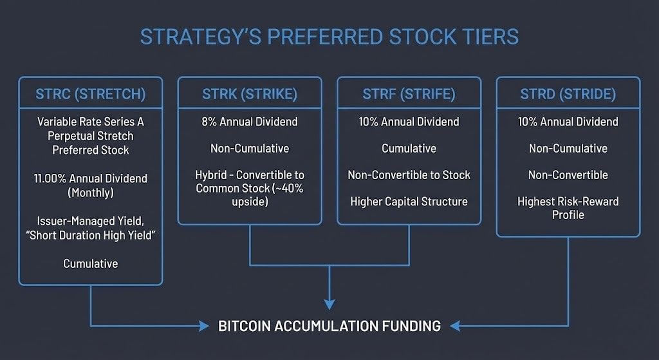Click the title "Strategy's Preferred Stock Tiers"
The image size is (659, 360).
coord(329,37)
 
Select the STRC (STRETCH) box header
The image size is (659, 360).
coord(91,94)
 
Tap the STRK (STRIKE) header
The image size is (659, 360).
coord(250,94)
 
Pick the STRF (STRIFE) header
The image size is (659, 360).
coord(409,94)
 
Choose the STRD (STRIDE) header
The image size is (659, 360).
coord(568,94)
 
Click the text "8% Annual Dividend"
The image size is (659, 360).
coord(250,122)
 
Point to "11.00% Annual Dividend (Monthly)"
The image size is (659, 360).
coord(91,185)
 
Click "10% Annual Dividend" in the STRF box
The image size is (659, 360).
coord(409,122)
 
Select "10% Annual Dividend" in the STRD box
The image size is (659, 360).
coord(568,122)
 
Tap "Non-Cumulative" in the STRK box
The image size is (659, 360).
coord(250,149)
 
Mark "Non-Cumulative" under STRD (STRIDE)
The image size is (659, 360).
coord(568,149)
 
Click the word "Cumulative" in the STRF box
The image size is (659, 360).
coord(409,149)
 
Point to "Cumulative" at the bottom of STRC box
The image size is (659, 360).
coord(91,263)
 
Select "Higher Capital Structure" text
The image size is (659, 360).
coord(409,202)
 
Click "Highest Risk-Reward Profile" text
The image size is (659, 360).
coord(568,208)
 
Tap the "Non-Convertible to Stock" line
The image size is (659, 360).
coord(409,175)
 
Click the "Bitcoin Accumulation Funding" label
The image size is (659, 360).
coord(329,326)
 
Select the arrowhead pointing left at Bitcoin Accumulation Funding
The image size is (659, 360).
coord(455,326)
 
